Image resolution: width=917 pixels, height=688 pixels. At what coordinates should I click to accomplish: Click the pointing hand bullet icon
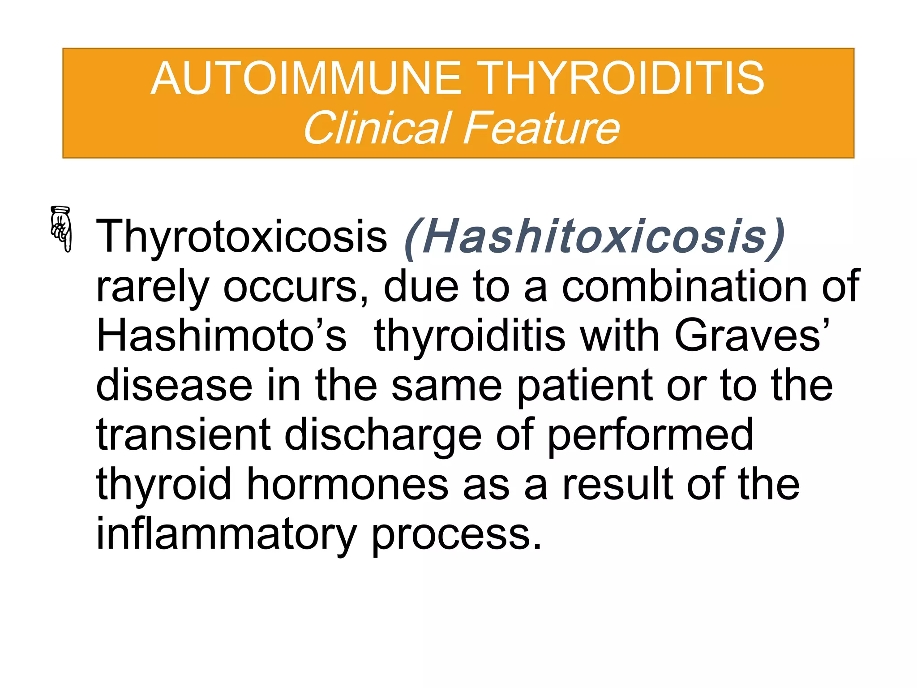(x=61, y=228)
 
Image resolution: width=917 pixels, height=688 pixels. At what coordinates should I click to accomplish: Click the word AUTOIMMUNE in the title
(x=306, y=79)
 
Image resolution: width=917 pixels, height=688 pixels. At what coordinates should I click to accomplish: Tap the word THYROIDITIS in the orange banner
(x=622, y=79)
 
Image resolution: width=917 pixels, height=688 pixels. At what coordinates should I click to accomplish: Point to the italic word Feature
(x=541, y=128)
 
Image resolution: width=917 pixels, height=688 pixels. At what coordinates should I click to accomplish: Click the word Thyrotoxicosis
(x=241, y=236)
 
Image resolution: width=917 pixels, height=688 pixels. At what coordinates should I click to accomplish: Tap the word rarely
(x=152, y=287)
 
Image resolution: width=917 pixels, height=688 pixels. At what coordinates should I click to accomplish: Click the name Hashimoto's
(x=221, y=336)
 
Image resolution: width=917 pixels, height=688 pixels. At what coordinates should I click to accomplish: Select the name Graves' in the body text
(x=752, y=336)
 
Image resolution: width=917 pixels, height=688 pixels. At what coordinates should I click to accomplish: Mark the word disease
(x=174, y=385)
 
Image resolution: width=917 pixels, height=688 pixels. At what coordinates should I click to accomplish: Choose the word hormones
(x=347, y=485)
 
